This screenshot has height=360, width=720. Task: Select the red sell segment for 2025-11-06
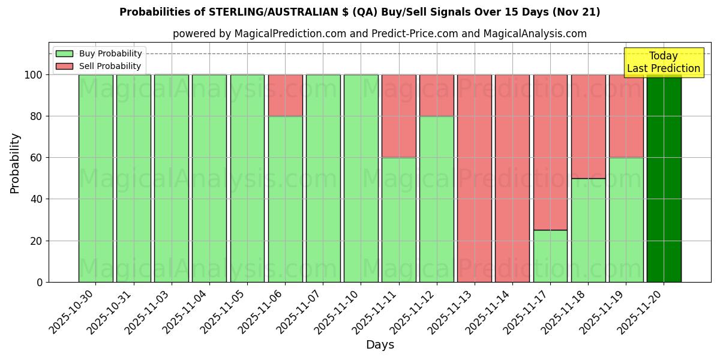pos(285,95)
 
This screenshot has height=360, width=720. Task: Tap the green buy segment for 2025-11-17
pos(550,256)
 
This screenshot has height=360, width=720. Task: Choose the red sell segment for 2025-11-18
pos(588,127)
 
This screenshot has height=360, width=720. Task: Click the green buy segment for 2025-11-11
pos(398,220)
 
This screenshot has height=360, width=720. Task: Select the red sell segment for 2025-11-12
pos(436,95)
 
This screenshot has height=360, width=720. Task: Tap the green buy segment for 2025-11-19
pos(626,220)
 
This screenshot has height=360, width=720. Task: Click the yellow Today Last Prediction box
pos(664,62)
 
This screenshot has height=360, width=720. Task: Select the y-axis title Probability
pos(15,163)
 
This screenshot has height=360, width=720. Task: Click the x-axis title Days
pos(380,345)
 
